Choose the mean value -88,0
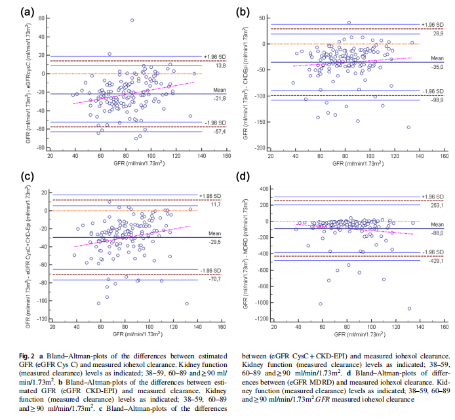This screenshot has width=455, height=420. (x=436, y=233)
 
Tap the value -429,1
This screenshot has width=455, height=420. (x=436, y=261)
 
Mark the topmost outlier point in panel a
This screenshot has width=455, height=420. (x=132, y=20)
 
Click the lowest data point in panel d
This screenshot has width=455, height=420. (x=409, y=309)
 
